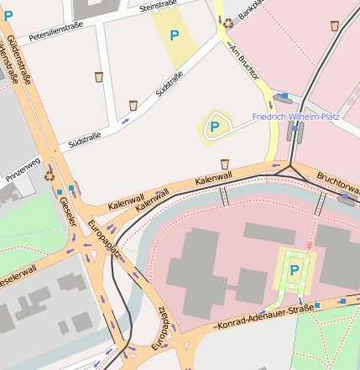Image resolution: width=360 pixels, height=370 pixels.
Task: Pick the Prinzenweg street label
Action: pos(23,169)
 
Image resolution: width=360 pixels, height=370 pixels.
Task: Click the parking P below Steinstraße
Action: pos(175,35)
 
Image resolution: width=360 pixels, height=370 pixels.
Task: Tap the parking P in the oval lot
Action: pos(215,127)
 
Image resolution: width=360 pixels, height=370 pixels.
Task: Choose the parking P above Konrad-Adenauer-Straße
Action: pos(295,270)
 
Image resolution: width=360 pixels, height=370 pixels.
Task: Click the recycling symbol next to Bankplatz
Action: pos(228,23)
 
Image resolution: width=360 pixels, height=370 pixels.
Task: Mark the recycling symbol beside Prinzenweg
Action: pos(50,176)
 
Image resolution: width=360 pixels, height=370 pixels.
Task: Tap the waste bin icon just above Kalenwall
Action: pos(224,164)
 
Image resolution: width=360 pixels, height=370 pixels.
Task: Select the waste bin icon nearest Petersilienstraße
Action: pos(99,77)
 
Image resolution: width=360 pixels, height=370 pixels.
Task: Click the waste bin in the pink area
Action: pos(335,25)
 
